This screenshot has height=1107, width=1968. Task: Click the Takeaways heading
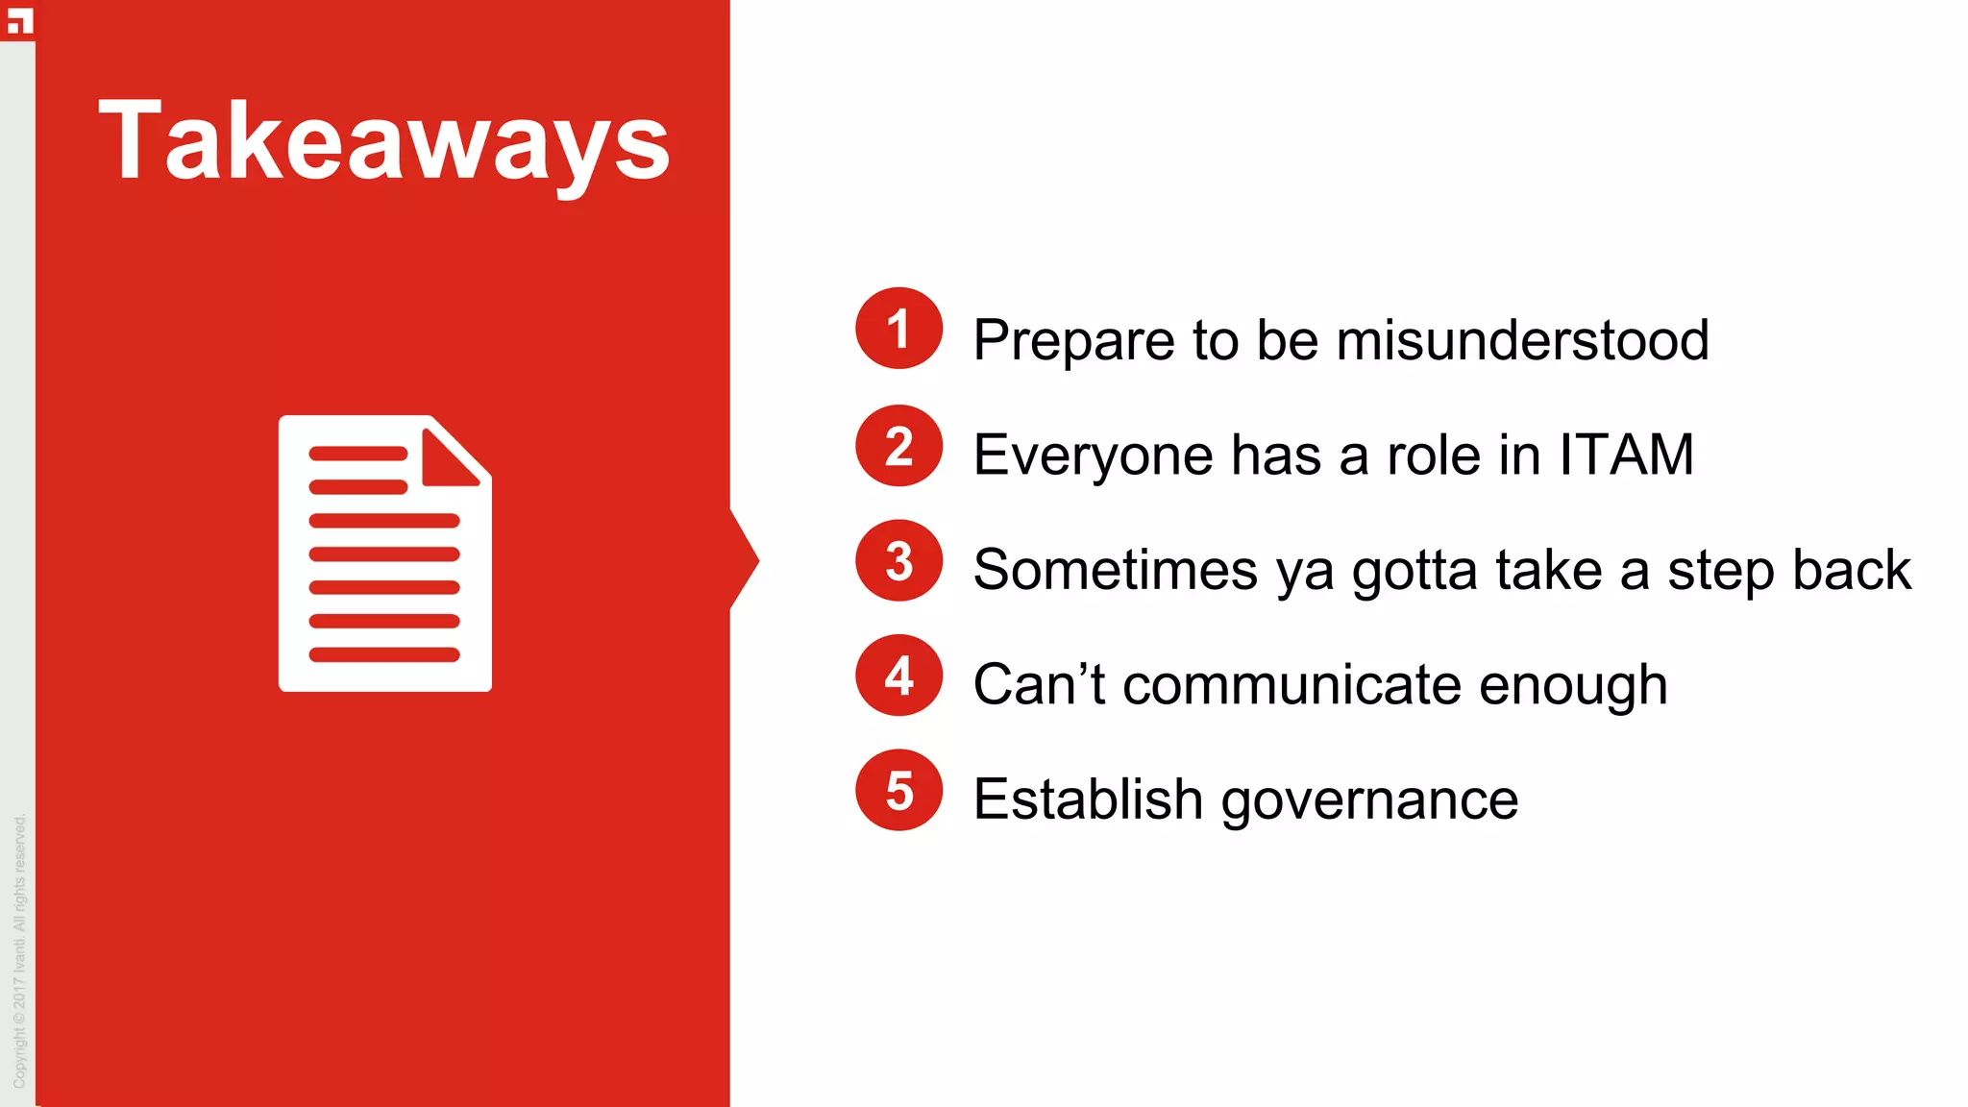coord(383,142)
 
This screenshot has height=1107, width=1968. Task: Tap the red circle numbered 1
coord(898,329)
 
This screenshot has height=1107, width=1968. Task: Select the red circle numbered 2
coord(898,446)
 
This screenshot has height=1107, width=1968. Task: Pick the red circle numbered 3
coord(898,561)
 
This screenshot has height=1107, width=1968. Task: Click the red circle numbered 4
coord(898,676)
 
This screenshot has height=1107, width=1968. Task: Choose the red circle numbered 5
coord(898,790)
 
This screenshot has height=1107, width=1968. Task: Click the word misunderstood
coord(1522,340)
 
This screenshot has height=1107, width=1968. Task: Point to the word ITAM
coord(1626,455)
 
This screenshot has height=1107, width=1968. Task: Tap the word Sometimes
coord(1115,570)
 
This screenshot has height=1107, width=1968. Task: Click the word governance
coord(1369,800)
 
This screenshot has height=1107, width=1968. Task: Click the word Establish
coord(1088,799)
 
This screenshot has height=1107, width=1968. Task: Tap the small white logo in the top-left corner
coord(19,20)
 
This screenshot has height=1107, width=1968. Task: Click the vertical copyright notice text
coord(20,951)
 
